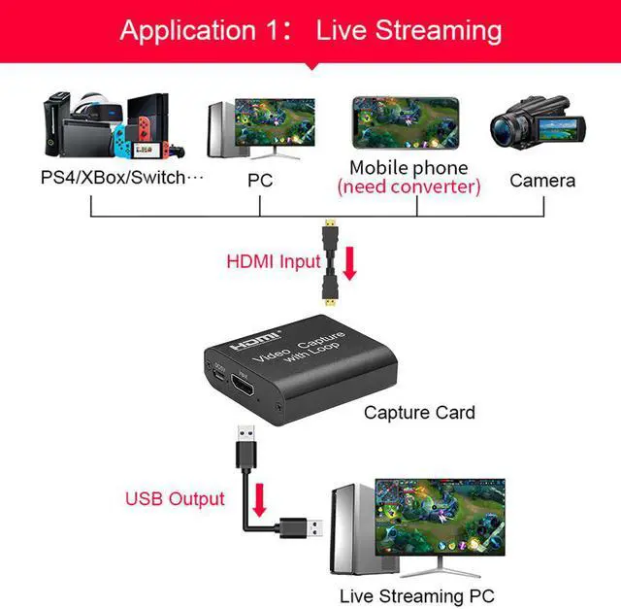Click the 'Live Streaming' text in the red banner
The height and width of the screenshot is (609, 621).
[x=409, y=30]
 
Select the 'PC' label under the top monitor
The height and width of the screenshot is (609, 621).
[x=260, y=180]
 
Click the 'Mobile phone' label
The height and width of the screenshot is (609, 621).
[x=409, y=167]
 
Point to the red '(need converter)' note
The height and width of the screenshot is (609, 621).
[x=409, y=186]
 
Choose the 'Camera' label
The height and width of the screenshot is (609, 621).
[x=542, y=180]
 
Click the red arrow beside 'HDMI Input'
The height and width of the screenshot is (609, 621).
[x=349, y=262]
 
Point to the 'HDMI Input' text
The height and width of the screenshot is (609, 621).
[x=274, y=261]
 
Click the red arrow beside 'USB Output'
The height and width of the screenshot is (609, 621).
[x=259, y=501]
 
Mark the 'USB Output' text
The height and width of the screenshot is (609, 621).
[x=175, y=499]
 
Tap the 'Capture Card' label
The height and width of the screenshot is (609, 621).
[x=419, y=413]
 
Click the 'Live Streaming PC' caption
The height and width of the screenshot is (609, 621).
[x=417, y=594]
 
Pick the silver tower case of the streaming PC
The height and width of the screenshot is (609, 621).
[x=347, y=528]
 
